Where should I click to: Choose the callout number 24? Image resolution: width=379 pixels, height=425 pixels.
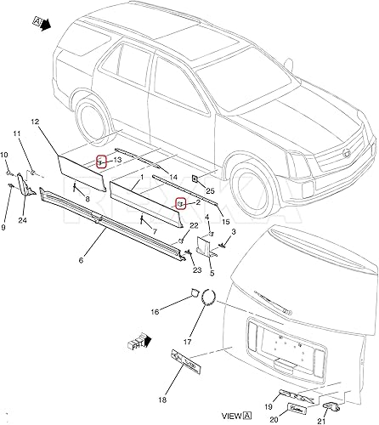(22, 220)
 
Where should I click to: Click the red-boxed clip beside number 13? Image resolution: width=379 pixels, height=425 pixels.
(100, 161)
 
